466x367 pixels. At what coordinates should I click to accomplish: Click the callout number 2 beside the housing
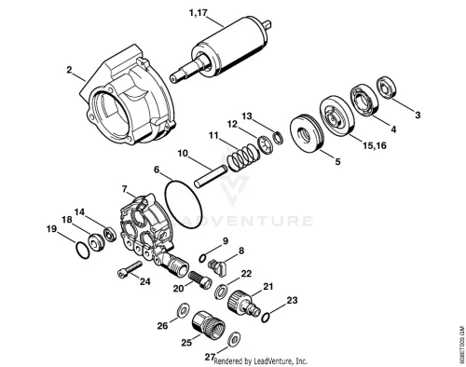[x=69, y=70]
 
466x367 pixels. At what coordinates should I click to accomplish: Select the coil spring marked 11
[x=243, y=157]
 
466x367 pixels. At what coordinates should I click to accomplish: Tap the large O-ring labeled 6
[x=184, y=202]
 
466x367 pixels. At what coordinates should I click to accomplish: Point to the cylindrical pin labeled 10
[x=212, y=177]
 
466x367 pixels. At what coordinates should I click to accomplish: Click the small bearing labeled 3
[x=386, y=88]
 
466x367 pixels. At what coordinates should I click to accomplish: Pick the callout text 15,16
[x=375, y=145]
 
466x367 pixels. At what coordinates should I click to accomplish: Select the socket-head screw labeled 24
[x=130, y=270]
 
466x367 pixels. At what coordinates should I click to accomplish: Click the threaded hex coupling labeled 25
[x=208, y=326]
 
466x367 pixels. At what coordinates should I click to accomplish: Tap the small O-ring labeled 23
[x=265, y=318]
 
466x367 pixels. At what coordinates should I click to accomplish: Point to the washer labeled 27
[x=234, y=340]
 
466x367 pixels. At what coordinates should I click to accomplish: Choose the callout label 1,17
[x=198, y=13]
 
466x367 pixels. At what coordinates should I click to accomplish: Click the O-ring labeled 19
[x=82, y=250]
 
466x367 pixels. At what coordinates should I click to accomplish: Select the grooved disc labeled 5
[x=307, y=133]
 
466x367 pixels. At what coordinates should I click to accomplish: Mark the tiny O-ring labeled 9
[x=202, y=258]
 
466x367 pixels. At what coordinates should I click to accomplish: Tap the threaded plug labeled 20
[x=200, y=279]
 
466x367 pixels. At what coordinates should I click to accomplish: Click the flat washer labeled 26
[x=183, y=309]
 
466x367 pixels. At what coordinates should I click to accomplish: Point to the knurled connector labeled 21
[x=244, y=303]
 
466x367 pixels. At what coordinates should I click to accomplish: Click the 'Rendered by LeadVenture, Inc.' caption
[x=261, y=361]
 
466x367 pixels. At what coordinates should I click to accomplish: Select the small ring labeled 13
[x=278, y=138]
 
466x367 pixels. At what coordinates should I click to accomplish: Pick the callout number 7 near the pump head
[x=124, y=188]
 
